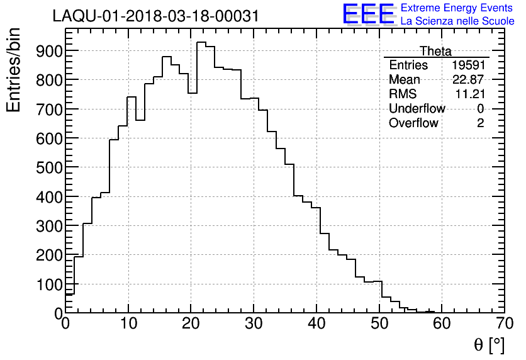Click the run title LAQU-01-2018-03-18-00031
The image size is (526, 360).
(x=155, y=16)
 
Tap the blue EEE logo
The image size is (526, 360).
(x=368, y=14)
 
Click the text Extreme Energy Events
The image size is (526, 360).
(x=457, y=8)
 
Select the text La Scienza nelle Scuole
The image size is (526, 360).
(x=457, y=21)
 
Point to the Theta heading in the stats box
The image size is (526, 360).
(x=435, y=51)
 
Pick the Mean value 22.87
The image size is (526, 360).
(x=469, y=80)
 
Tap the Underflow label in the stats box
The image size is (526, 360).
(x=417, y=109)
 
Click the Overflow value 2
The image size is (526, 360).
(x=481, y=123)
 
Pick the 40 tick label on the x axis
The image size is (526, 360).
(x=316, y=324)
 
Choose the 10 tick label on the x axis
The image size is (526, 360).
(x=128, y=324)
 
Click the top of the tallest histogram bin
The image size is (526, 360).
(x=201, y=42)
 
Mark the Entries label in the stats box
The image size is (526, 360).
(x=408, y=65)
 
